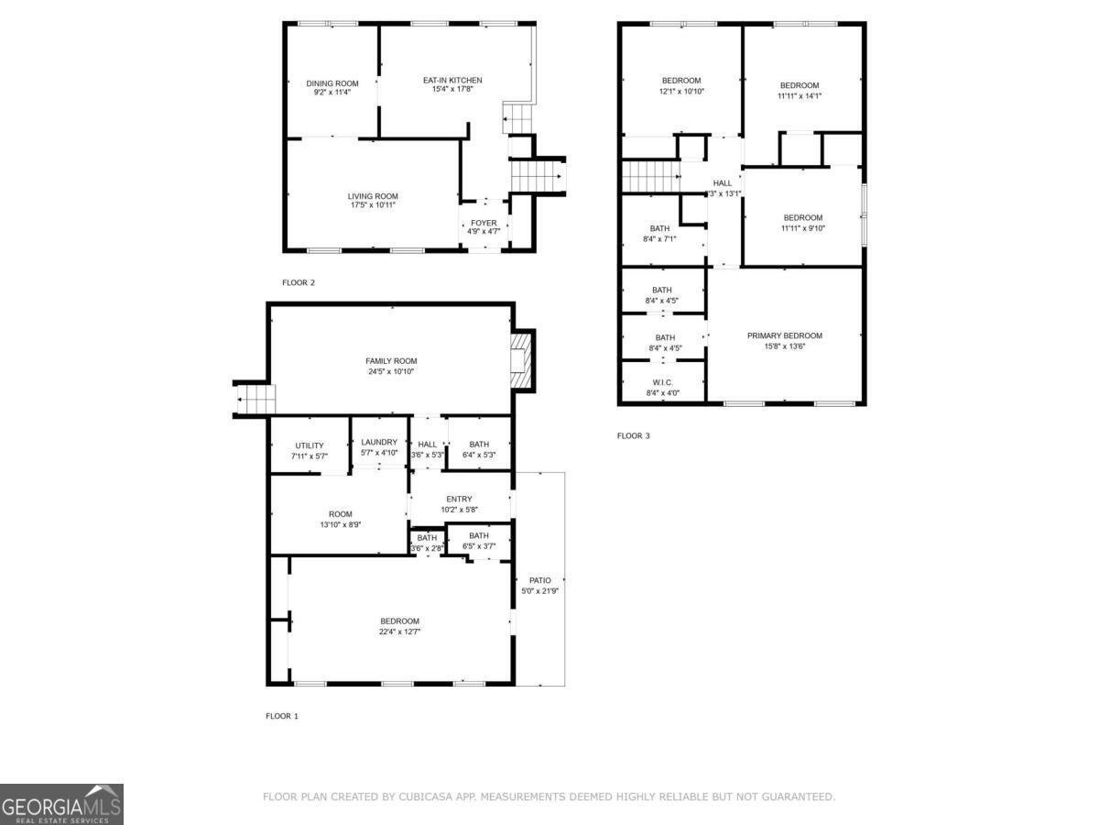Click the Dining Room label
click(x=332, y=83)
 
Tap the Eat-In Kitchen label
click(x=452, y=80)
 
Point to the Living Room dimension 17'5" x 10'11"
click(x=373, y=205)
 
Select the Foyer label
click(x=484, y=223)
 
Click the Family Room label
click(x=391, y=360)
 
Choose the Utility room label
click(x=309, y=445)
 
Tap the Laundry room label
click(x=378, y=442)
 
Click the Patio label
click(x=539, y=580)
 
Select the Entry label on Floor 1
click(x=459, y=499)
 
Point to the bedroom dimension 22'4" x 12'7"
click(x=399, y=632)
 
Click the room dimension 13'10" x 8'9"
click(x=340, y=525)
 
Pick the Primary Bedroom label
click(x=784, y=335)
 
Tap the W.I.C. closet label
click(x=664, y=382)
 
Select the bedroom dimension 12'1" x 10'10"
click(x=681, y=92)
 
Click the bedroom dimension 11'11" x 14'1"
click(x=800, y=95)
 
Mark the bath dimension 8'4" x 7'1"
click(x=660, y=239)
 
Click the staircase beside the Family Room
click(x=256, y=400)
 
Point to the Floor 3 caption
click(x=633, y=435)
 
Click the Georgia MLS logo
click(x=61, y=804)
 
